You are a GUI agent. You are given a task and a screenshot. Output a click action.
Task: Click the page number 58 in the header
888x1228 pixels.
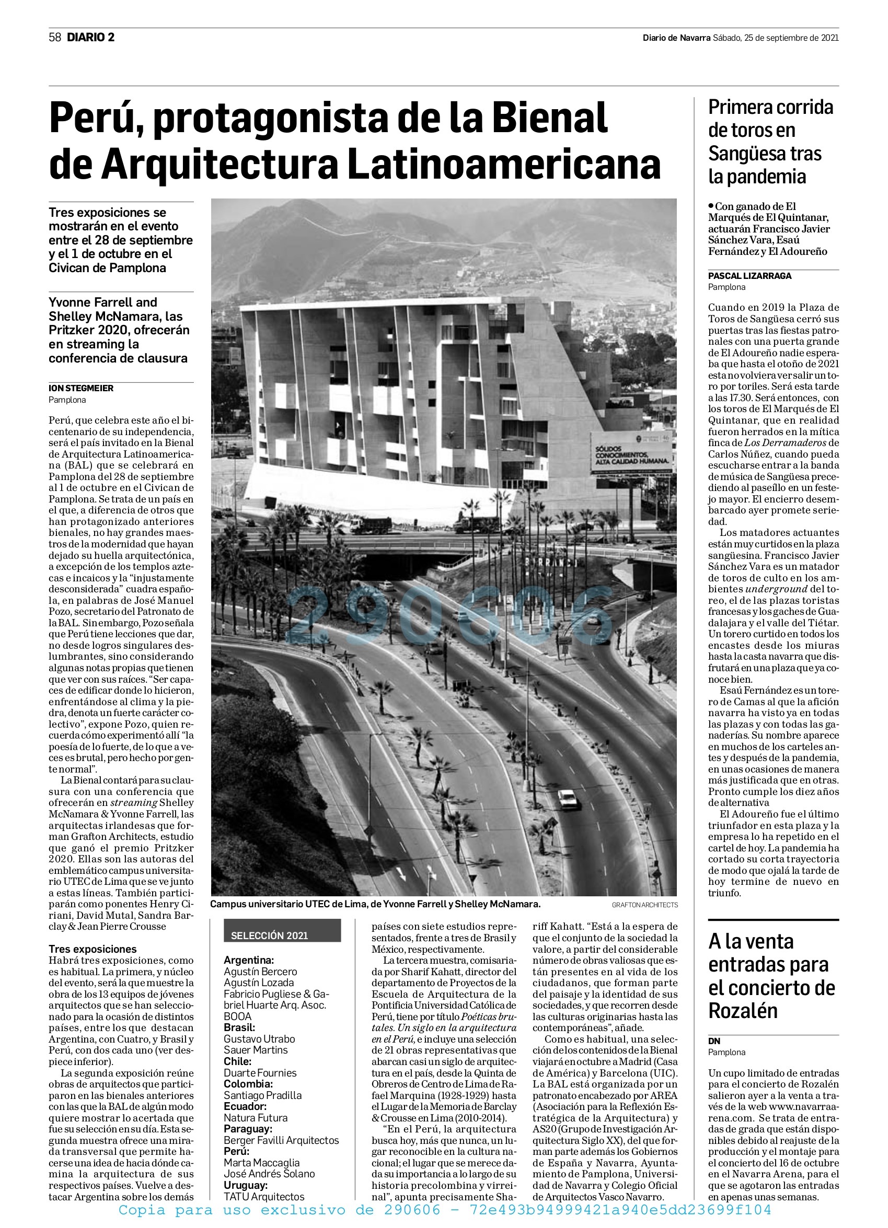point(55,38)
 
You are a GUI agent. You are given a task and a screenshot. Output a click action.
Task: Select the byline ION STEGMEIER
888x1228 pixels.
point(81,388)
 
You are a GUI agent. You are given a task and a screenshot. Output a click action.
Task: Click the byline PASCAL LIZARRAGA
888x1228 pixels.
point(749,276)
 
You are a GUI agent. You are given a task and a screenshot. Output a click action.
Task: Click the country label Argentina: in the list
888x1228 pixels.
point(249,960)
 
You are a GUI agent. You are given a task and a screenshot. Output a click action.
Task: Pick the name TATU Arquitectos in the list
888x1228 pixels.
point(264,1197)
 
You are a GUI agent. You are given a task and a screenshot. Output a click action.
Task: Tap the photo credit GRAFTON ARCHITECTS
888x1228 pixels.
point(645,905)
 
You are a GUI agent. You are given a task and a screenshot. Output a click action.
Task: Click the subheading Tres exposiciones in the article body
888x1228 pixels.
point(93,949)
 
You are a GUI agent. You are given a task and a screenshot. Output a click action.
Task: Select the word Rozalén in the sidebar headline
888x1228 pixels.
point(743,1010)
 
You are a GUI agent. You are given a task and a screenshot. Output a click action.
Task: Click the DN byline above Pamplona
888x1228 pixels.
point(714,1040)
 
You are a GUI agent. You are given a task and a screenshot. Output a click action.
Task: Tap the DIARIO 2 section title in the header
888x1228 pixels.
point(90,38)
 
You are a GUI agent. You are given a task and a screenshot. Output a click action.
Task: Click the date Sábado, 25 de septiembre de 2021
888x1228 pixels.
point(775,38)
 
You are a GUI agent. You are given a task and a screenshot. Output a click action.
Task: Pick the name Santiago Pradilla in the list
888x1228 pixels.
point(262,1095)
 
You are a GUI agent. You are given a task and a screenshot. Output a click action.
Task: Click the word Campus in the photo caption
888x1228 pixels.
point(228,904)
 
